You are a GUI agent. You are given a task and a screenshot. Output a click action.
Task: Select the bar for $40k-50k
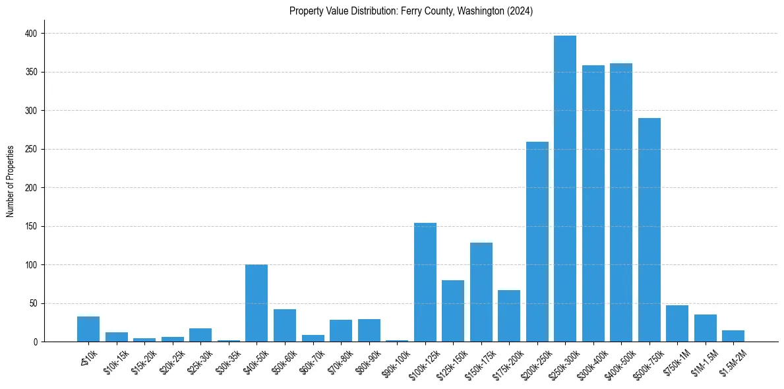point(256,303)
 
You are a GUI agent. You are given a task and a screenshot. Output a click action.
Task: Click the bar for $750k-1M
point(677,324)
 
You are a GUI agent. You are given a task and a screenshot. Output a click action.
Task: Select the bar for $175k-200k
point(509,316)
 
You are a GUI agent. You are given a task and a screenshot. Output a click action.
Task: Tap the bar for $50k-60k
point(285,326)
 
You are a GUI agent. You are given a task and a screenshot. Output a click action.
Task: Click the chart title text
point(411,11)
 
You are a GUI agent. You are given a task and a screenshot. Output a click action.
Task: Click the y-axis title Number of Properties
point(11,181)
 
